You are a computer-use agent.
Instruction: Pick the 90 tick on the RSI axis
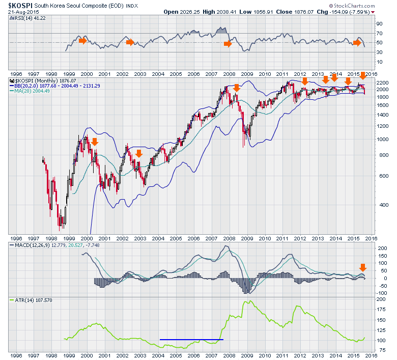coord(379,24)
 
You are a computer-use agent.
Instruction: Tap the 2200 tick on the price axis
coord(382,82)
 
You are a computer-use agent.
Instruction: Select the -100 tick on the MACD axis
coord(381,293)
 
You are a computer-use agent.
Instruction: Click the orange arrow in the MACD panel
coord(363,268)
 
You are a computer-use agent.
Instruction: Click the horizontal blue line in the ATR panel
coord(191,339)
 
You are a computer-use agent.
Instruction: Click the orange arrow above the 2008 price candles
coord(236,88)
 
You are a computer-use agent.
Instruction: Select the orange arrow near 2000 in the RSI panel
coord(83,40)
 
